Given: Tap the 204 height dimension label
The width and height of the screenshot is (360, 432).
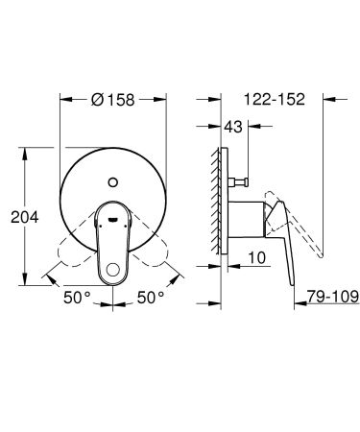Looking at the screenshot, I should (x=23, y=217).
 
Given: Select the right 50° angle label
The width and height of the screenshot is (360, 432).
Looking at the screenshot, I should (x=151, y=298).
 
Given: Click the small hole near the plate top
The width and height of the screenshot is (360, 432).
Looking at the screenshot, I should (x=114, y=179).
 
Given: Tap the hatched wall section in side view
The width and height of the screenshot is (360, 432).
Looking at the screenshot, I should (x=213, y=202).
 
